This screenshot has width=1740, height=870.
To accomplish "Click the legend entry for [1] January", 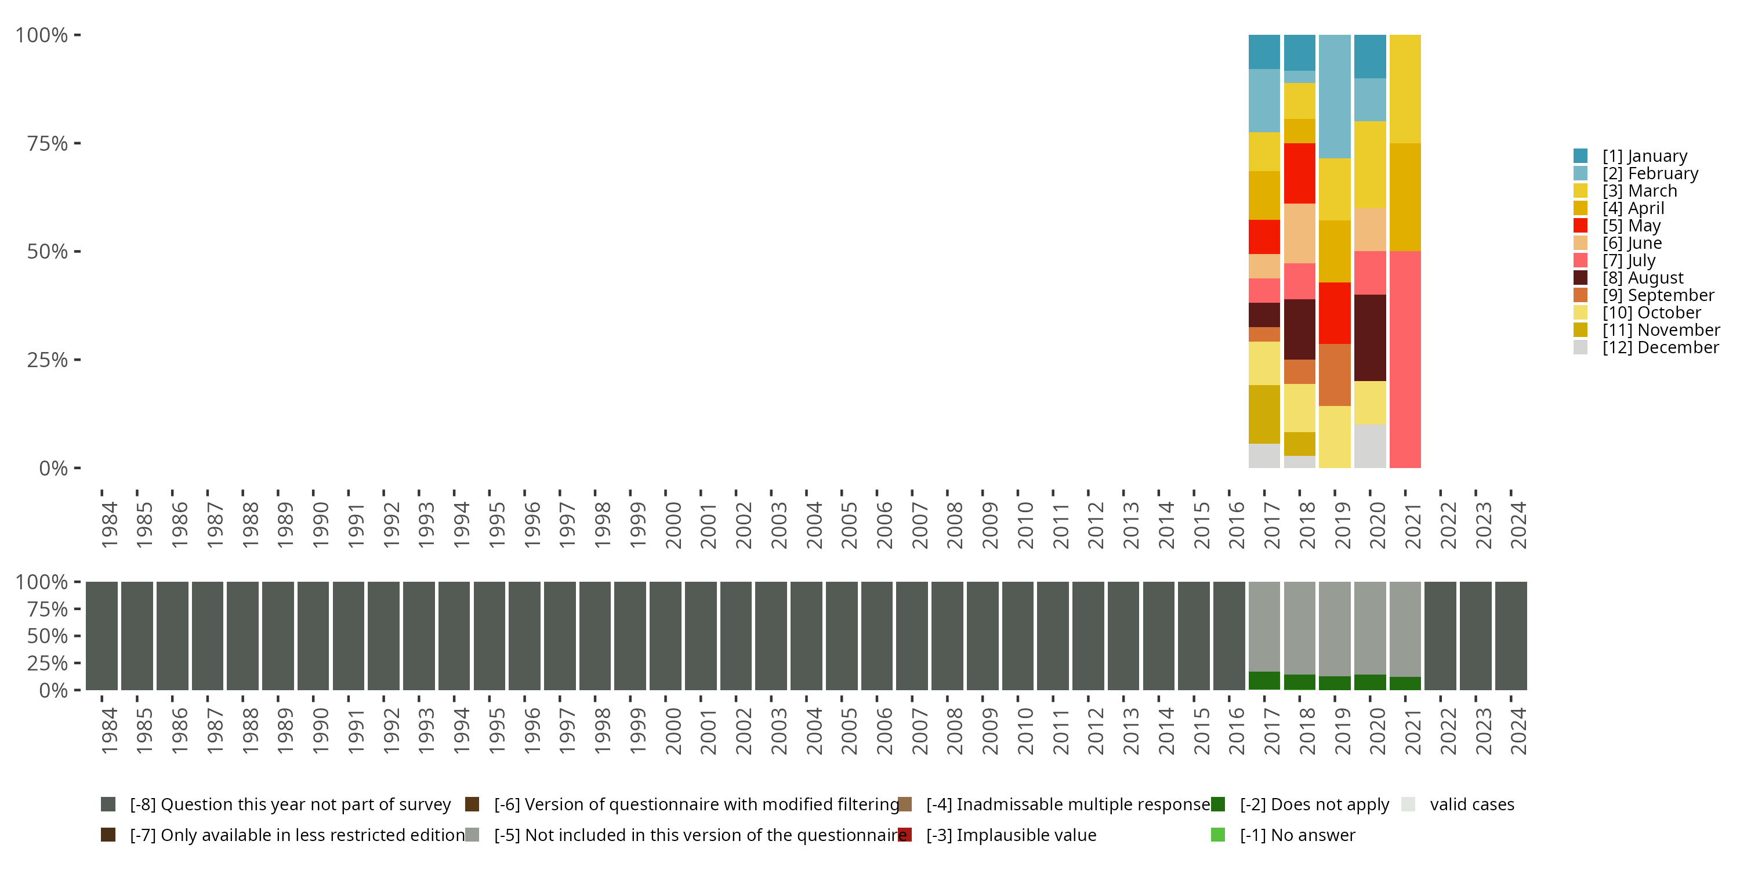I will (x=1644, y=156).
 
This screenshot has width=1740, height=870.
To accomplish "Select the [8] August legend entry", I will (x=1643, y=278).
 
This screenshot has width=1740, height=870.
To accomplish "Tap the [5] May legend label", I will (x=1631, y=226).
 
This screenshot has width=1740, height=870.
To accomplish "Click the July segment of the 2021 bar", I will (x=1405, y=360).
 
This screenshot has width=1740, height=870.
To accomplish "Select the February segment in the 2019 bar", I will (x=1335, y=97).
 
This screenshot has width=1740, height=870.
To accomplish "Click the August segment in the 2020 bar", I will (x=1370, y=338).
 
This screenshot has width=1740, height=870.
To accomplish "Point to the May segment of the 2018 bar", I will (x=1300, y=173).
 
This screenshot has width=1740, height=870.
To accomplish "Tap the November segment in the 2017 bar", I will (x=1264, y=414).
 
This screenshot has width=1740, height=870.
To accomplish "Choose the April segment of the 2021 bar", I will (x=1405, y=197).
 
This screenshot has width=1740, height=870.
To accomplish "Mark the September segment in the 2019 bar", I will (x=1335, y=375).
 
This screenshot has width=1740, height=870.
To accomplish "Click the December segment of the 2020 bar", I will (x=1370, y=446).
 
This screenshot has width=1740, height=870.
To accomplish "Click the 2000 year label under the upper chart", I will (x=673, y=525).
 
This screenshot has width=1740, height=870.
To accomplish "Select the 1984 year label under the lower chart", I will (x=109, y=731).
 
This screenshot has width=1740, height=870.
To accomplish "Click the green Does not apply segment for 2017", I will (x=1264, y=681).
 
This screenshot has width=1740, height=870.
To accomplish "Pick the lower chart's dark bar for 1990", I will (x=313, y=636).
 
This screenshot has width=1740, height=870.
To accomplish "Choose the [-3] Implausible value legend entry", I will (x=1010, y=835).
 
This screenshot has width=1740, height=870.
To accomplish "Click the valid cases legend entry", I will (x=1471, y=804).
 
